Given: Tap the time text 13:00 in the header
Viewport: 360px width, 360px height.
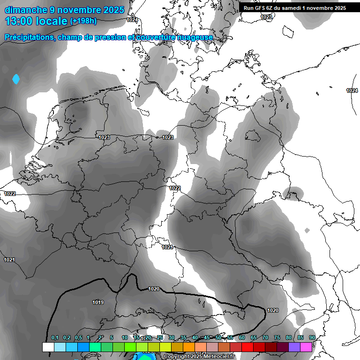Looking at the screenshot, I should [x=20, y=21].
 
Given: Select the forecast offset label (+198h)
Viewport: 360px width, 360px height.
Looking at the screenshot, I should [x=84, y=21].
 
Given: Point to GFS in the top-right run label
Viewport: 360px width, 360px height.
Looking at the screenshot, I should [x=261, y=8].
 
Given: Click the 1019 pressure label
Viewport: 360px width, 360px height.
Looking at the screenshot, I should [x=98, y=302].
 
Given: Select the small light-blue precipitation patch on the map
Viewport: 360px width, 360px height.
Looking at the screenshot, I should [x=16, y=79].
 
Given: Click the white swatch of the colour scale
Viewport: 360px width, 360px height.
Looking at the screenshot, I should [x=48, y=347].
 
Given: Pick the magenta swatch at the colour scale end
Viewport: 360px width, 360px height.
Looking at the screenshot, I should [x=306, y=347].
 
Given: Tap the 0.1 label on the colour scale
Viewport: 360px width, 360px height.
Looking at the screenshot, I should [x=55, y=337].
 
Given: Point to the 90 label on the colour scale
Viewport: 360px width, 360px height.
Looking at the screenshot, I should [x=312, y=337].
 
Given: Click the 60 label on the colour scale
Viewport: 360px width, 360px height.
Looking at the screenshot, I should [x=242, y=337].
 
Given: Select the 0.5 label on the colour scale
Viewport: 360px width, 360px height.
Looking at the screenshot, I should [x=78, y=337].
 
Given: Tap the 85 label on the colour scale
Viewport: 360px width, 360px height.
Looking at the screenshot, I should [x=300, y=337].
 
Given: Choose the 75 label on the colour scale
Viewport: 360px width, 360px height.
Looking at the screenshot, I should [x=277, y=337].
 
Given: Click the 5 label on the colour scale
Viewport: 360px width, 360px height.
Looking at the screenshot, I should [x=112, y=337].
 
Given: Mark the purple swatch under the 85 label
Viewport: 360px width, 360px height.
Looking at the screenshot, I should [x=294, y=347].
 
